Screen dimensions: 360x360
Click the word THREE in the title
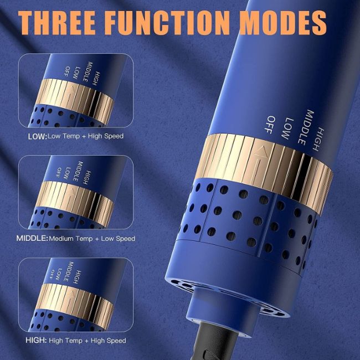57,23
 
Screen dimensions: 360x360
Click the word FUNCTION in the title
167,23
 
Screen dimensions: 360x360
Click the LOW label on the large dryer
287,128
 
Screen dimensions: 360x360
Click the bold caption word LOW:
38,136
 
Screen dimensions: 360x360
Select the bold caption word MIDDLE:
32,238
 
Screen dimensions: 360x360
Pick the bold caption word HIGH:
36,340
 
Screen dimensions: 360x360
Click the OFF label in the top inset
68,71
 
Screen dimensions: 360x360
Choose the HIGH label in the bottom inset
77,277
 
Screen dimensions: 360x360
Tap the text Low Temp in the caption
64,136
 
